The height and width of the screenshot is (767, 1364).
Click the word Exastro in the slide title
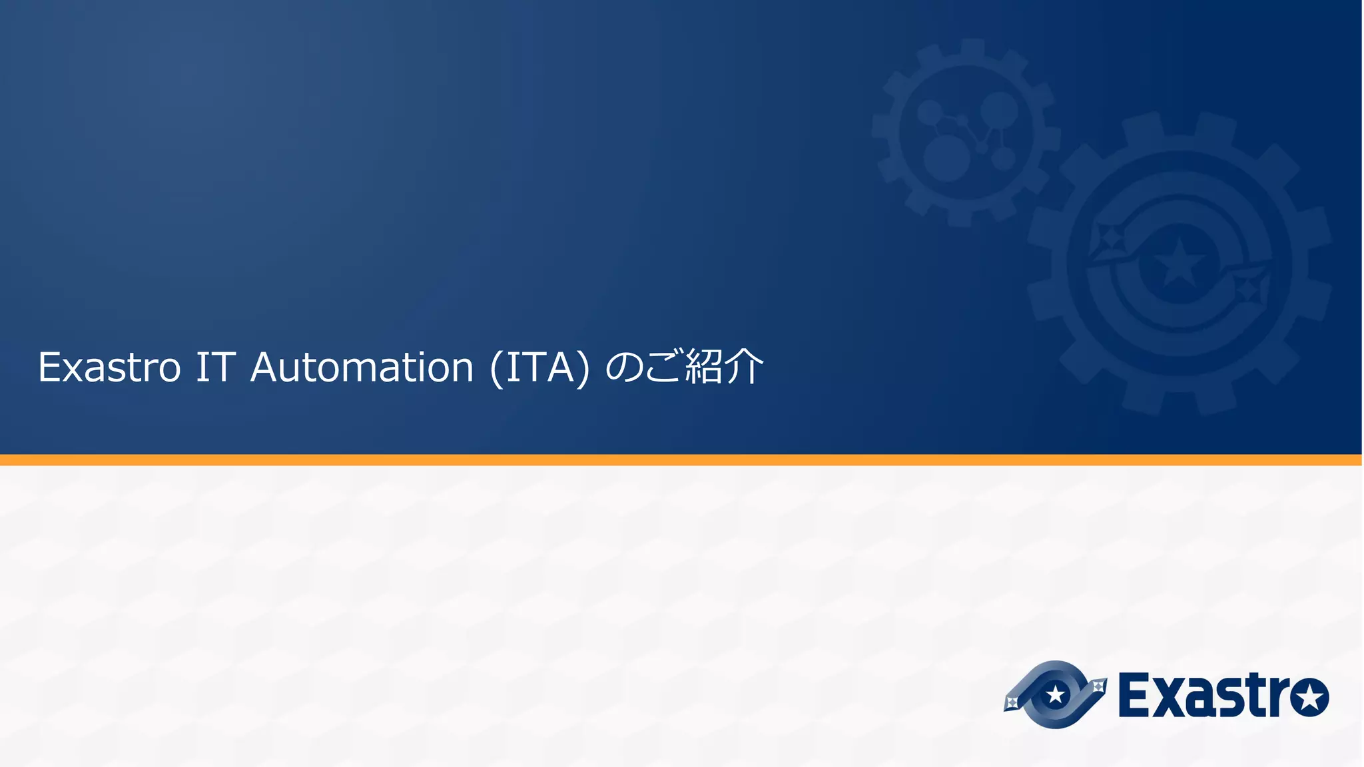pyautogui.click(x=109, y=368)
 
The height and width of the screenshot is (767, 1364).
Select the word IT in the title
pyautogui.click(x=215, y=368)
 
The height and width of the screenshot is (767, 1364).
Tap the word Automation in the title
pyautogui.click(x=362, y=368)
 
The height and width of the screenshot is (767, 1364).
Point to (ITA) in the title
pyautogui.click(x=539, y=368)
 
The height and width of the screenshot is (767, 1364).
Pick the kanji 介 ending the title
pyautogui.click(x=743, y=366)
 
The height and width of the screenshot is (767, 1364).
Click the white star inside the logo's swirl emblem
pyautogui.click(x=1056, y=695)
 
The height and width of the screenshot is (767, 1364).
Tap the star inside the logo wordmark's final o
pyautogui.click(x=1309, y=697)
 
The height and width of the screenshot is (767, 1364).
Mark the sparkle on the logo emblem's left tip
pyautogui.click(x=1012, y=702)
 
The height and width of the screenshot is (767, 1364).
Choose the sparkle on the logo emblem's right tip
pyautogui.click(x=1098, y=686)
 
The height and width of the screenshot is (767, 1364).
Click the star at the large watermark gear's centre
pyautogui.click(x=1179, y=261)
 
